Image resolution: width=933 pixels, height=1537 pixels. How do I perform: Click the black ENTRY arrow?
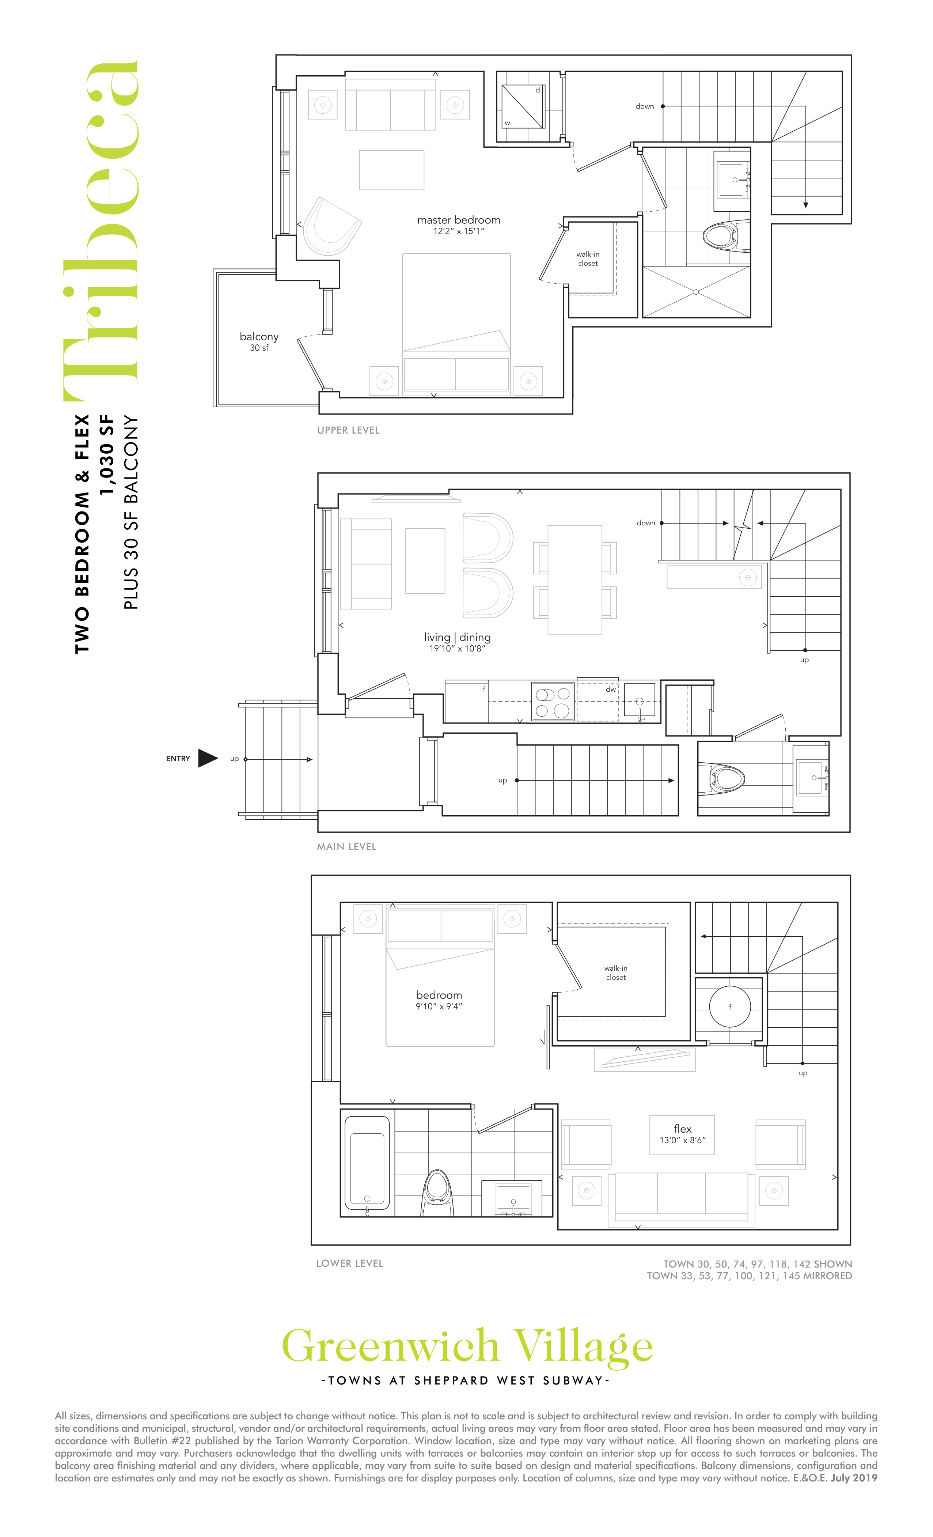pos(208,758)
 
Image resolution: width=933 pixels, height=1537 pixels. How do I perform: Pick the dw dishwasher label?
pos(611,689)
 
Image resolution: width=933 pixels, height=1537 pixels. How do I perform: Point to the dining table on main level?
pos(574,579)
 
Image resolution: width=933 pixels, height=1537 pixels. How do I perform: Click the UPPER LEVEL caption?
pos(348,430)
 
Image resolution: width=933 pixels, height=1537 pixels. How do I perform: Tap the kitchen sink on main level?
pos(639,701)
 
